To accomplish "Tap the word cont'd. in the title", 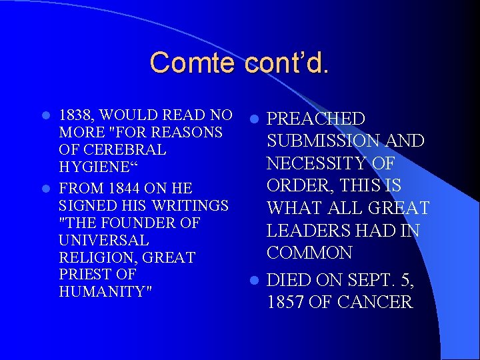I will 287,63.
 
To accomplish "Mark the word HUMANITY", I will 103,291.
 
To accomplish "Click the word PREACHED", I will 316,119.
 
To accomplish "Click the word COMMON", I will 309,253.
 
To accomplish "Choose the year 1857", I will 286,302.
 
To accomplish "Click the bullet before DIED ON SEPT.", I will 254,281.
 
